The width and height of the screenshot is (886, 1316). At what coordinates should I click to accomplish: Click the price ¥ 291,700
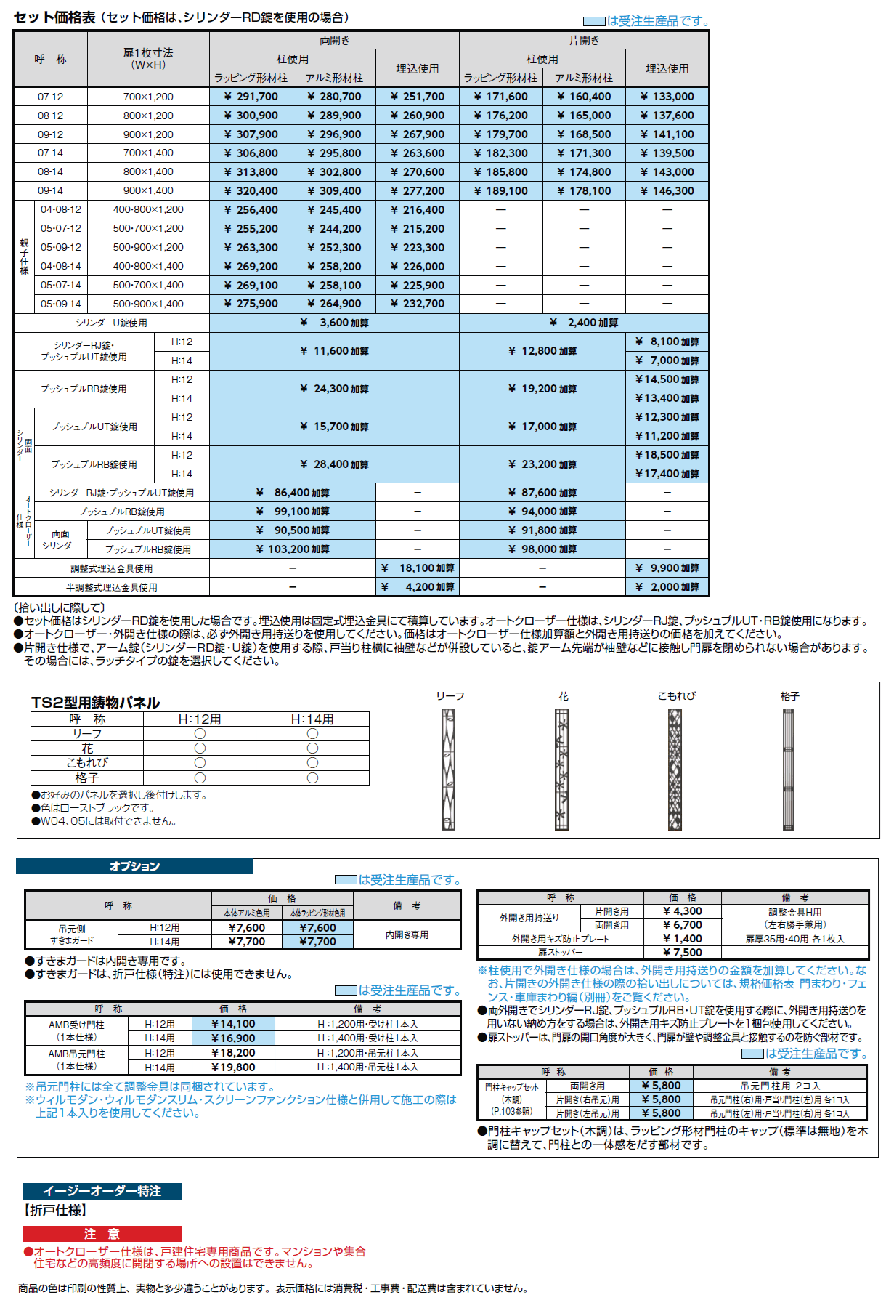pyautogui.click(x=251, y=97)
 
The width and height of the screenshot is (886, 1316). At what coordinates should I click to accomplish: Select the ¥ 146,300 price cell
pyautogui.click(x=667, y=191)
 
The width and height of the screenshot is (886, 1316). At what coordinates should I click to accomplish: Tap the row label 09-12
pyautogui.click(x=50, y=134)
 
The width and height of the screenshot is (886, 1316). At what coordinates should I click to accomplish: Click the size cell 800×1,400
pyautogui.click(x=148, y=172)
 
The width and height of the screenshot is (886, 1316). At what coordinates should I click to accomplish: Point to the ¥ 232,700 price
pyautogui.click(x=418, y=304)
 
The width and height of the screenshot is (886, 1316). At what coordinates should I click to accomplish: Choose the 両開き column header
pyautogui.click(x=334, y=41)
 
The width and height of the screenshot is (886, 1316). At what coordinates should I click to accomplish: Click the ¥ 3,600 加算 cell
pyautogui.click(x=334, y=323)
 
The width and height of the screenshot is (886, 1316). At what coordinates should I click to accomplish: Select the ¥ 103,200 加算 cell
pyautogui.click(x=293, y=550)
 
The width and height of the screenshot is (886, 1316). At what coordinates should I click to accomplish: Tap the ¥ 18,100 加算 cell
pyautogui.click(x=418, y=569)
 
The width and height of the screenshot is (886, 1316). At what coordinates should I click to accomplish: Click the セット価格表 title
pyautogui.click(x=55, y=17)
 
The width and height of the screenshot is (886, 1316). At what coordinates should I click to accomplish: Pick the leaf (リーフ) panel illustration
pyautogui.click(x=449, y=769)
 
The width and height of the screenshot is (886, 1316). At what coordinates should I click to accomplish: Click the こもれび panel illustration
pyautogui.click(x=675, y=769)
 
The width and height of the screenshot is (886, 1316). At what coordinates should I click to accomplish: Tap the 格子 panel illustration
pyautogui.click(x=788, y=769)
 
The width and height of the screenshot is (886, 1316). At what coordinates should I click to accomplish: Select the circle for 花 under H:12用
pyautogui.click(x=200, y=748)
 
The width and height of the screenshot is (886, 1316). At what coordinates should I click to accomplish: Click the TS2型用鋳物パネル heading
pyautogui.click(x=96, y=703)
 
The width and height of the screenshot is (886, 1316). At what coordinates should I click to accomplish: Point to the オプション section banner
pyautogui.click(x=135, y=866)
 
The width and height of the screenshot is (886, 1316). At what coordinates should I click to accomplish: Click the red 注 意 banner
pyautogui.click(x=102, y=1234)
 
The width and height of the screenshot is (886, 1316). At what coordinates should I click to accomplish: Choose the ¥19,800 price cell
pyautogui.click(x=233, y=1067)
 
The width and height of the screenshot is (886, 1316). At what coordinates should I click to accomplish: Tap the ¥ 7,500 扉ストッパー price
pyautogui.click(x=683, y=953)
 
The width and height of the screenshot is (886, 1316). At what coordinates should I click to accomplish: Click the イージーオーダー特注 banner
pyautogui.click(x=102, y=1191)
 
